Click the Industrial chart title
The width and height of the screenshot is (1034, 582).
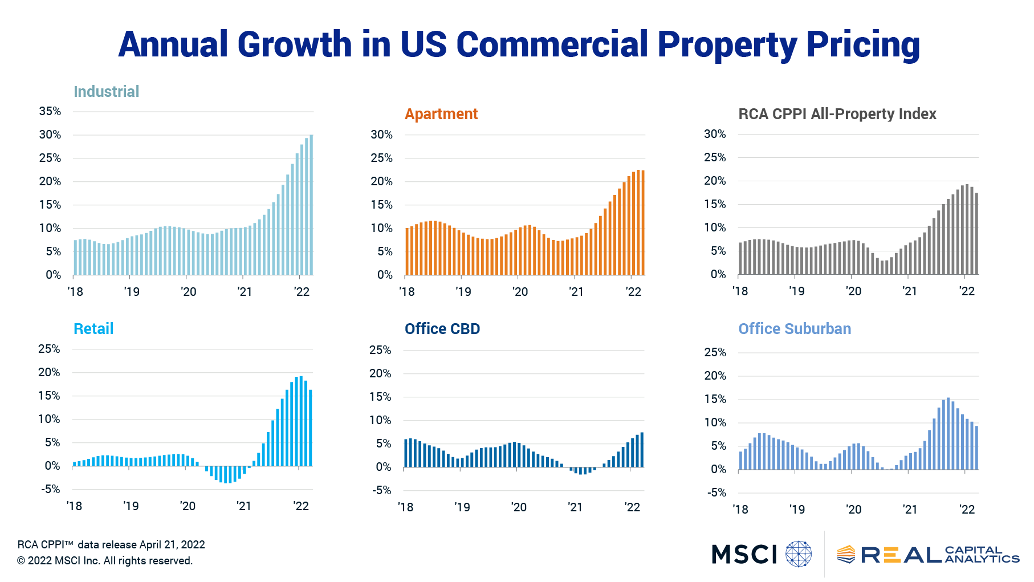tap(106, 92)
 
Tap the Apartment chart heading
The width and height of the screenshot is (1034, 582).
tap(441, 114)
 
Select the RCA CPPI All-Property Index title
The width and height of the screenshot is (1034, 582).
tap(837, 114)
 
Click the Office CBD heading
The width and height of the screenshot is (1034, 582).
tap(442, 329)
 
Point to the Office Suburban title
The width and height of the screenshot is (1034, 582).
tap(794, 329)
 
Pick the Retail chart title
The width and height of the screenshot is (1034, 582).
tap(93, 329)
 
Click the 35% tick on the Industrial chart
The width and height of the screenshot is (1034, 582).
tap(50, 111)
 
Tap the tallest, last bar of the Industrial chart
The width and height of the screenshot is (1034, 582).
tap(311, 205)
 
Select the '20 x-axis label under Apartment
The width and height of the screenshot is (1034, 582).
tap(520, 292)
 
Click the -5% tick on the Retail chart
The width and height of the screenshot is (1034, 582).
tap(50, 489)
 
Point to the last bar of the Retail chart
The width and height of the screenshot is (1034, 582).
tap(310, 428)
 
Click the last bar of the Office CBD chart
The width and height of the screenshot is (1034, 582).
tap(642, 450)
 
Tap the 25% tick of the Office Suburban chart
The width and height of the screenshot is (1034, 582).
tap(715, 352)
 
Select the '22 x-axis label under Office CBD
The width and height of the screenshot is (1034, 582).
tap(632, 507)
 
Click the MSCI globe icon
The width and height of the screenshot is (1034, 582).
tap(798, 554)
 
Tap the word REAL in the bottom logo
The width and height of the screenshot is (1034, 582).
tap(901, 555)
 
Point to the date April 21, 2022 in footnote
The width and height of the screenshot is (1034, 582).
tap(172, 544)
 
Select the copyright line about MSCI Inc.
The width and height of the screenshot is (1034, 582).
tap(105, 561)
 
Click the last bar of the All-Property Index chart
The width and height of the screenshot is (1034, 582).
tap(976, 234)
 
